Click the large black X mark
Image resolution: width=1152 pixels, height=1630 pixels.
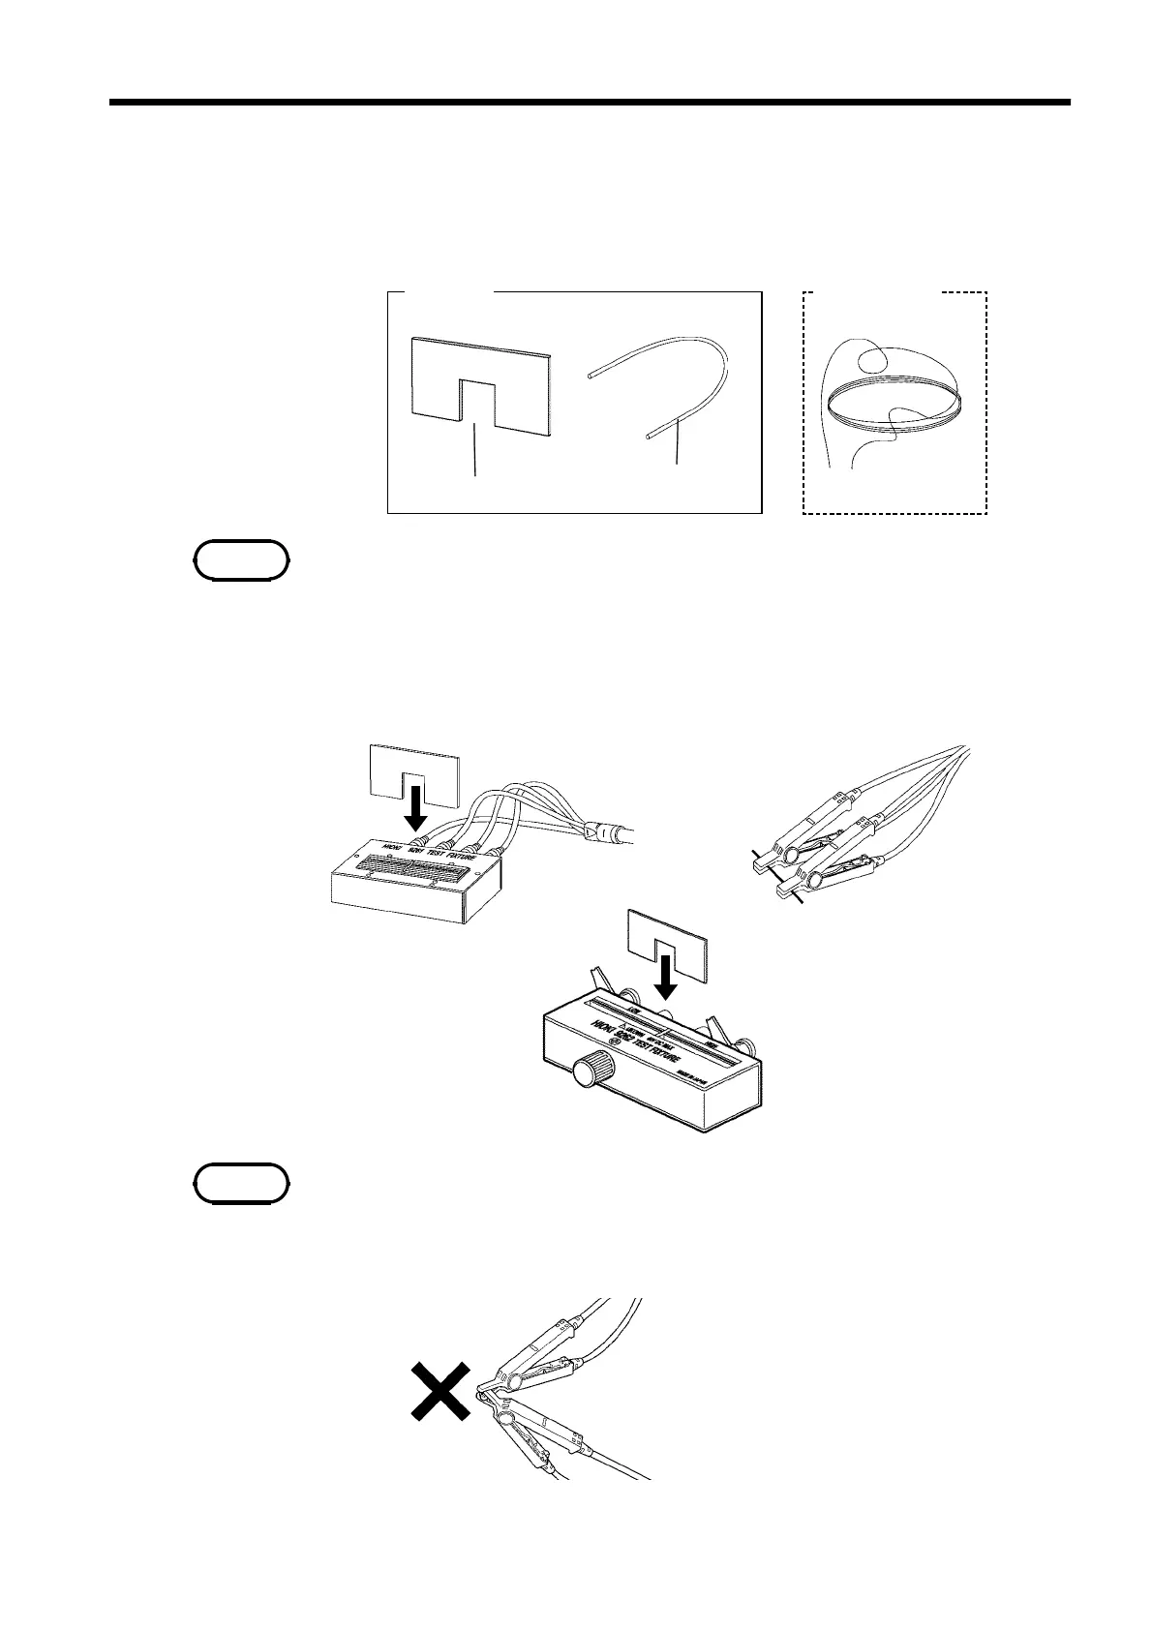(x=440, y=1392)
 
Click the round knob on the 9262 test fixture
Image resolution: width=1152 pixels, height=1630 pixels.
(x=588, y=1073)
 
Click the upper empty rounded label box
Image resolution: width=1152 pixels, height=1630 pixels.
(x=241, y=560)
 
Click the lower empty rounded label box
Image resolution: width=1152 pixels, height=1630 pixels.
(x=241, y=1183)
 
